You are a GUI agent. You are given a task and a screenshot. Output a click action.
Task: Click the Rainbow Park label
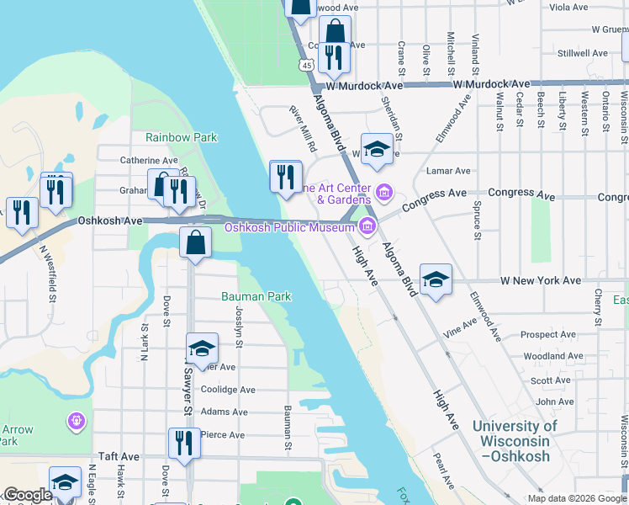(x=181, y=137)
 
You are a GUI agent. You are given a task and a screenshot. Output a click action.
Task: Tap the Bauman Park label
(x=256, y=296)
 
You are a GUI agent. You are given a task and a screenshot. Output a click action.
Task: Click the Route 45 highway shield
(x=307, y=65)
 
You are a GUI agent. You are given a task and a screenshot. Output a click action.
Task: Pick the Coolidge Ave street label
(x=227, y=390)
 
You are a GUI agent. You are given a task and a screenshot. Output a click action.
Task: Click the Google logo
(x=28, y=495)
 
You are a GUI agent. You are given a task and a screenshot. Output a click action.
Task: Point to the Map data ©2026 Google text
(x=577, y=497)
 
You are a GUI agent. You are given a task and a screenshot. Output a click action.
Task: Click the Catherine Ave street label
(x=149, y=159)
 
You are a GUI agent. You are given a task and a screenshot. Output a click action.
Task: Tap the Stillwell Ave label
(x=582, y=52)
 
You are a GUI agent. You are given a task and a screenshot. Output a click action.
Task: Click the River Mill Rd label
(x=302, y=129)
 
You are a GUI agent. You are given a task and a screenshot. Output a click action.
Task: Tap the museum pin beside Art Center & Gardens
(x=383, y=193)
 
